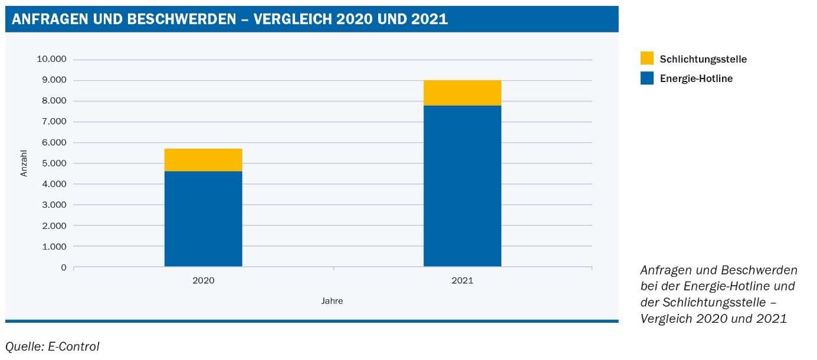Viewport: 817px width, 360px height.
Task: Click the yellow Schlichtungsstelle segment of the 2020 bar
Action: pyautogui.click(x=203, y=160)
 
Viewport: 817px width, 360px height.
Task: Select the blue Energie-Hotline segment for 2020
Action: pyautogui.click(x=203, y=219)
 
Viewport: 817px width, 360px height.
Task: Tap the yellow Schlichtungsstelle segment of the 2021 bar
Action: pyautogui.click(x=462, y=93)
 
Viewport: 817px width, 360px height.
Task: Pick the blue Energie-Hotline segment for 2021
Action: pyautogui.click(x=462, y=186)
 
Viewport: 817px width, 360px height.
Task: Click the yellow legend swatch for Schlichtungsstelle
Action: pyautogui.click(x=647, y=58)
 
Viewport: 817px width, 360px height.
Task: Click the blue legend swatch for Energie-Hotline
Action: pyautogui.click(x=647, y=78)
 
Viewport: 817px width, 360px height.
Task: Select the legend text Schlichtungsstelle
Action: pyautogui.click(x=703, y=59)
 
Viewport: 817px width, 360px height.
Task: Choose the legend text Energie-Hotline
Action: pyautogui.click(x=696, y=78)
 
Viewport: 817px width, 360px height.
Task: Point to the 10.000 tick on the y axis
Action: pyautogui.click(x=52, y=60)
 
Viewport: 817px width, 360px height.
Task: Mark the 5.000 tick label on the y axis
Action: pyautogui.click(x=54, y=163)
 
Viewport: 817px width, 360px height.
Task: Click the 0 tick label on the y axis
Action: pyautogui.click(x=64, y=267)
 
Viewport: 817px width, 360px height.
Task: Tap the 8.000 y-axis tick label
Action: pyautogui.click(x=54, y=101)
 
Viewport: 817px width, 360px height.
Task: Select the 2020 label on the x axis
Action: pyautogui.click(x=203, y=281)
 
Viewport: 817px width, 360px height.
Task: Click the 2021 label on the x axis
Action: pyautogui.click(x=462, y=281)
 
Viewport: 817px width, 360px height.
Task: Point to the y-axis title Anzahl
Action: pyautogui.click(x=24, y=163)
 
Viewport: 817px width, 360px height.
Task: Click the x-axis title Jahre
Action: pyautogui.click(x=332, y=301)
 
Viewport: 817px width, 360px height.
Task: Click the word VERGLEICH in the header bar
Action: pyautogui.click(x=292, y=19)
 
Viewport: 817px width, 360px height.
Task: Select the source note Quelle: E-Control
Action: pyautogui.click(x=53, y=346)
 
